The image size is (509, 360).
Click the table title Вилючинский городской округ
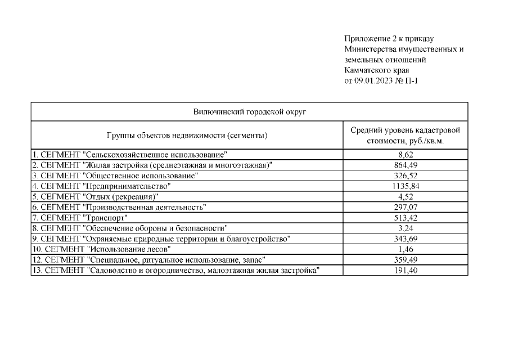pos(249,111)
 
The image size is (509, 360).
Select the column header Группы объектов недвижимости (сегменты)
pos(187,135)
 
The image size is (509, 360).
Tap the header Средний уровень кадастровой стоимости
pos(405,135)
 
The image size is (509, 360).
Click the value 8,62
pos(405,154)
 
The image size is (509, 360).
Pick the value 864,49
pos(405,164)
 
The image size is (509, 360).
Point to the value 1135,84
pos(405,186)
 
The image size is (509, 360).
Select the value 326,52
pos(405,175)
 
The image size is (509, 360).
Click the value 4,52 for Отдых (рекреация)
pos(405,196)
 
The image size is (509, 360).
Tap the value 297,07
pos(405,207)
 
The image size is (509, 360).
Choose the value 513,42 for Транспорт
pos(405,217)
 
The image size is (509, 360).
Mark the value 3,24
pos(405,228)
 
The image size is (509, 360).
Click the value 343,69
pos(405,238)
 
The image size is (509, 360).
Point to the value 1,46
pos(405,249)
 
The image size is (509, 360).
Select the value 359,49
pos(405,260)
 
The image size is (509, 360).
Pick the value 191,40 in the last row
pos(405,271)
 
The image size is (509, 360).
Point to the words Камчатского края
pos(376,70)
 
